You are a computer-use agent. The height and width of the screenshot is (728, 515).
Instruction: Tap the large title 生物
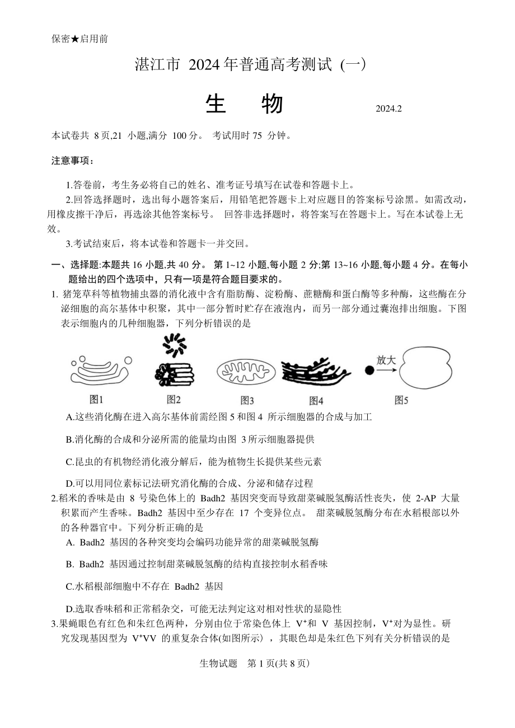pos(244,104)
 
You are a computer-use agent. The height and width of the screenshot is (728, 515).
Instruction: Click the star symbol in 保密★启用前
pos(75,39)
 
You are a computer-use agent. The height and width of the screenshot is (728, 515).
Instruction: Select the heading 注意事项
pos(73,161)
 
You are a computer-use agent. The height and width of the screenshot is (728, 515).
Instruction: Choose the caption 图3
pos(247,400)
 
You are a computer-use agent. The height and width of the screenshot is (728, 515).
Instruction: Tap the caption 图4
pos(316,400)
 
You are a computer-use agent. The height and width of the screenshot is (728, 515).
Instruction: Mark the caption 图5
pos(401,400)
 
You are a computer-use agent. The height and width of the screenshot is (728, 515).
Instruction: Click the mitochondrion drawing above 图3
pos(246,373)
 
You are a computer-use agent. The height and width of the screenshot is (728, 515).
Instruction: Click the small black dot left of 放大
pos(369,370)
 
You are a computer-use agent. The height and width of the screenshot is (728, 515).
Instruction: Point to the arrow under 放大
pos(386,370)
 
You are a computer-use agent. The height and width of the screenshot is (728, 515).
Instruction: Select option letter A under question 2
pos(70,542)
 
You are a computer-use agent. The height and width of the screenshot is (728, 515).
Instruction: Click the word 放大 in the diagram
pos(386,359)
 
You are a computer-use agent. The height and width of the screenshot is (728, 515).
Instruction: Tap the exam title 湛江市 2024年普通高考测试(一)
pos(250,65)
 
